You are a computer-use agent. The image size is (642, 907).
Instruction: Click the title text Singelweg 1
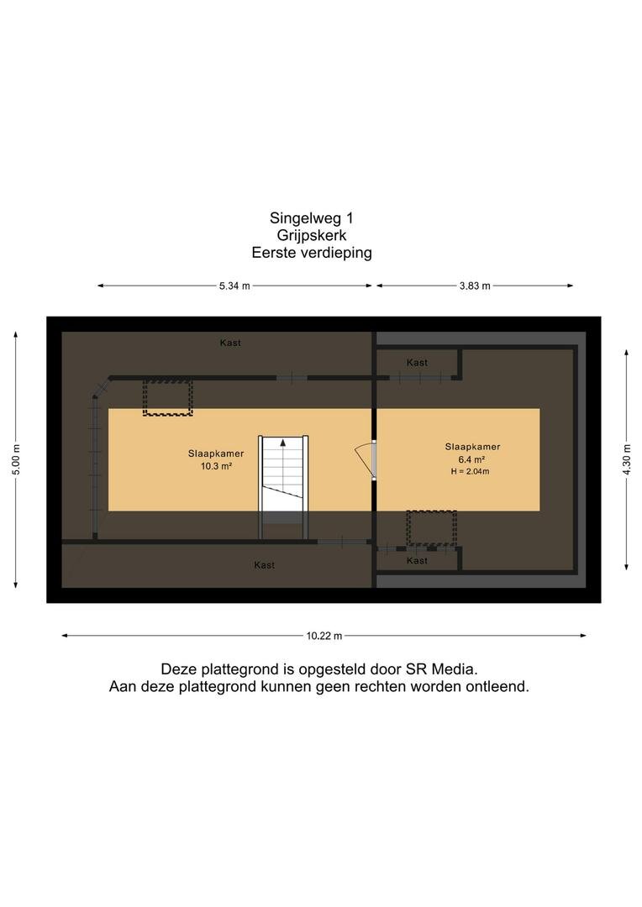click(312, 218)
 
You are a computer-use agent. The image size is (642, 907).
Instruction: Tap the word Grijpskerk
click(312, 235)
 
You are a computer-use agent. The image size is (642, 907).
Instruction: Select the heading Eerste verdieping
click(312, 253)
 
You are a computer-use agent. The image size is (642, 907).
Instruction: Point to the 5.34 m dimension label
click(234, 286)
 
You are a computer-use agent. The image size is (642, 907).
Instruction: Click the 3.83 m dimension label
click(475, 286)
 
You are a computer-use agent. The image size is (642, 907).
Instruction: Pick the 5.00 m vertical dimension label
click(16, 460)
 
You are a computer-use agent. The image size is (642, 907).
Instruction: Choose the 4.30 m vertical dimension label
click(626, 460)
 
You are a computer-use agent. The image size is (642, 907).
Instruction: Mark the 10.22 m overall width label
click(324, 636)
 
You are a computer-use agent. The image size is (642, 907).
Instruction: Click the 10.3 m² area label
click(216, 466)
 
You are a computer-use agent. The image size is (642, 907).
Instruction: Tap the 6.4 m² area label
click(471, 460)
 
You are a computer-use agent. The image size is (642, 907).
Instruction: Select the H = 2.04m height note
click(470, 471)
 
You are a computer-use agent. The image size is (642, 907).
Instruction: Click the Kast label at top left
click(230, 343)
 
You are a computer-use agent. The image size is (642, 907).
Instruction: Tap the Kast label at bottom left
click(265, 565)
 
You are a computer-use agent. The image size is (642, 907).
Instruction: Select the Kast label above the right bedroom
click(417, 363)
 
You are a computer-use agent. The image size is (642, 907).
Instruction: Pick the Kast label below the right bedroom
click(417, 560)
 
